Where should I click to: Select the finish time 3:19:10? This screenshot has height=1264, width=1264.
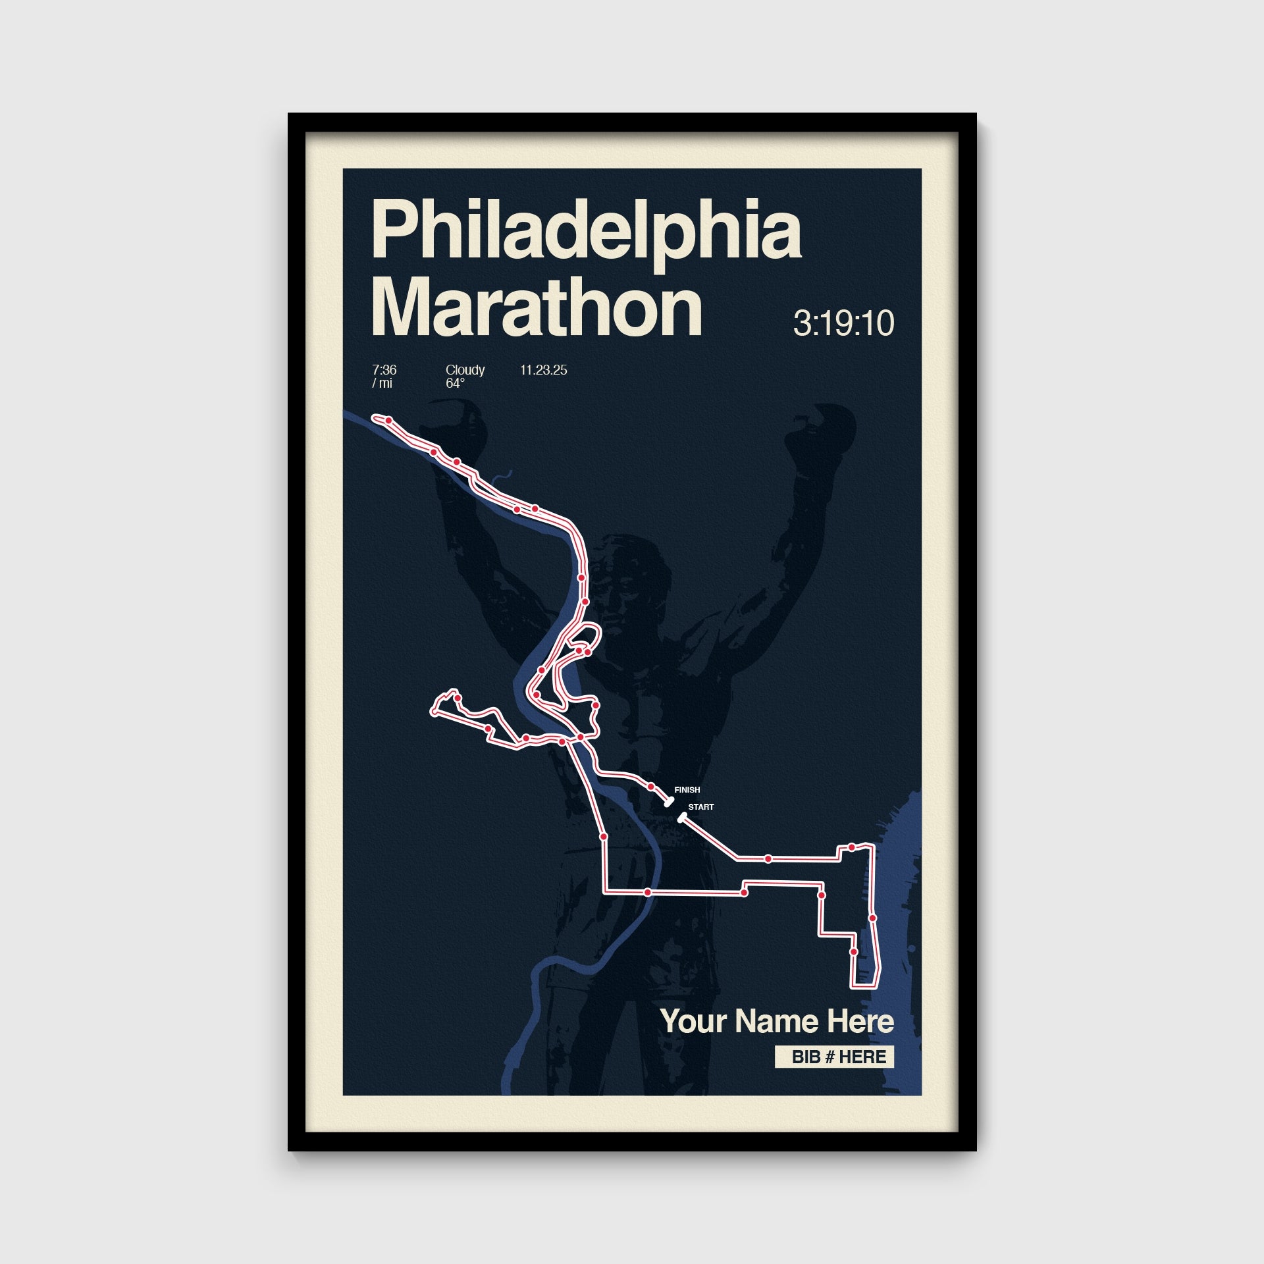[x=843, y=323]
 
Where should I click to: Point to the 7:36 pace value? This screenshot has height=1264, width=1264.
[x=384, y=370]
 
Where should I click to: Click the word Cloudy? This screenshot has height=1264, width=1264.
[x=465, y=370]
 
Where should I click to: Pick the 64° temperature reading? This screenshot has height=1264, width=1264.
[x=455, y=383]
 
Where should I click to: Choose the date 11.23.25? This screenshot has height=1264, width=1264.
[x=543, y=370]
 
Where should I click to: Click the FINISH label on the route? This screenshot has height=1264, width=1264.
[x=687, y=790]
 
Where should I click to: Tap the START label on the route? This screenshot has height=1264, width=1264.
[x=700, y=807]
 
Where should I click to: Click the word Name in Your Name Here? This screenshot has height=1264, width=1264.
[x=777, y=1022]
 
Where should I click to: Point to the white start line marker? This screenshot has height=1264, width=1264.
[x=682, y=818]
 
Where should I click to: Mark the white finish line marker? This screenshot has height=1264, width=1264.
[x=669, y=802]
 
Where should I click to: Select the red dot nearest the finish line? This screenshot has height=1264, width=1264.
[x=650, y=787]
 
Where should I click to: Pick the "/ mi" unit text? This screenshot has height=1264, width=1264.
[x=382, y=383]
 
